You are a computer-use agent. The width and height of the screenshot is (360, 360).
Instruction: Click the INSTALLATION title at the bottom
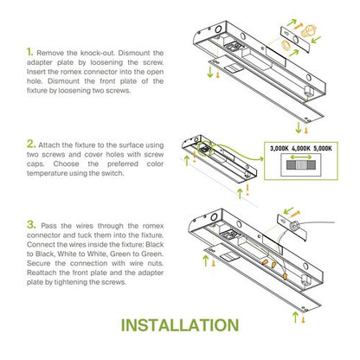click(x=180, y=326)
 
